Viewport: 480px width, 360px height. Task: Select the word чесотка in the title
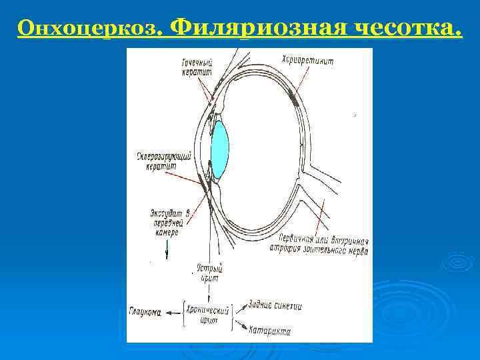coord(407,27)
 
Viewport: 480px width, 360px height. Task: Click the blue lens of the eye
coord(219,151)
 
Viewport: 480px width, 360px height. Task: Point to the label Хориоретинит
coord(307,61)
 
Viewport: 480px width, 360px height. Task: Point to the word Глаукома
coord(145,311)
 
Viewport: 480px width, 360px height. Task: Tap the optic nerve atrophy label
coord(324,246)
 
